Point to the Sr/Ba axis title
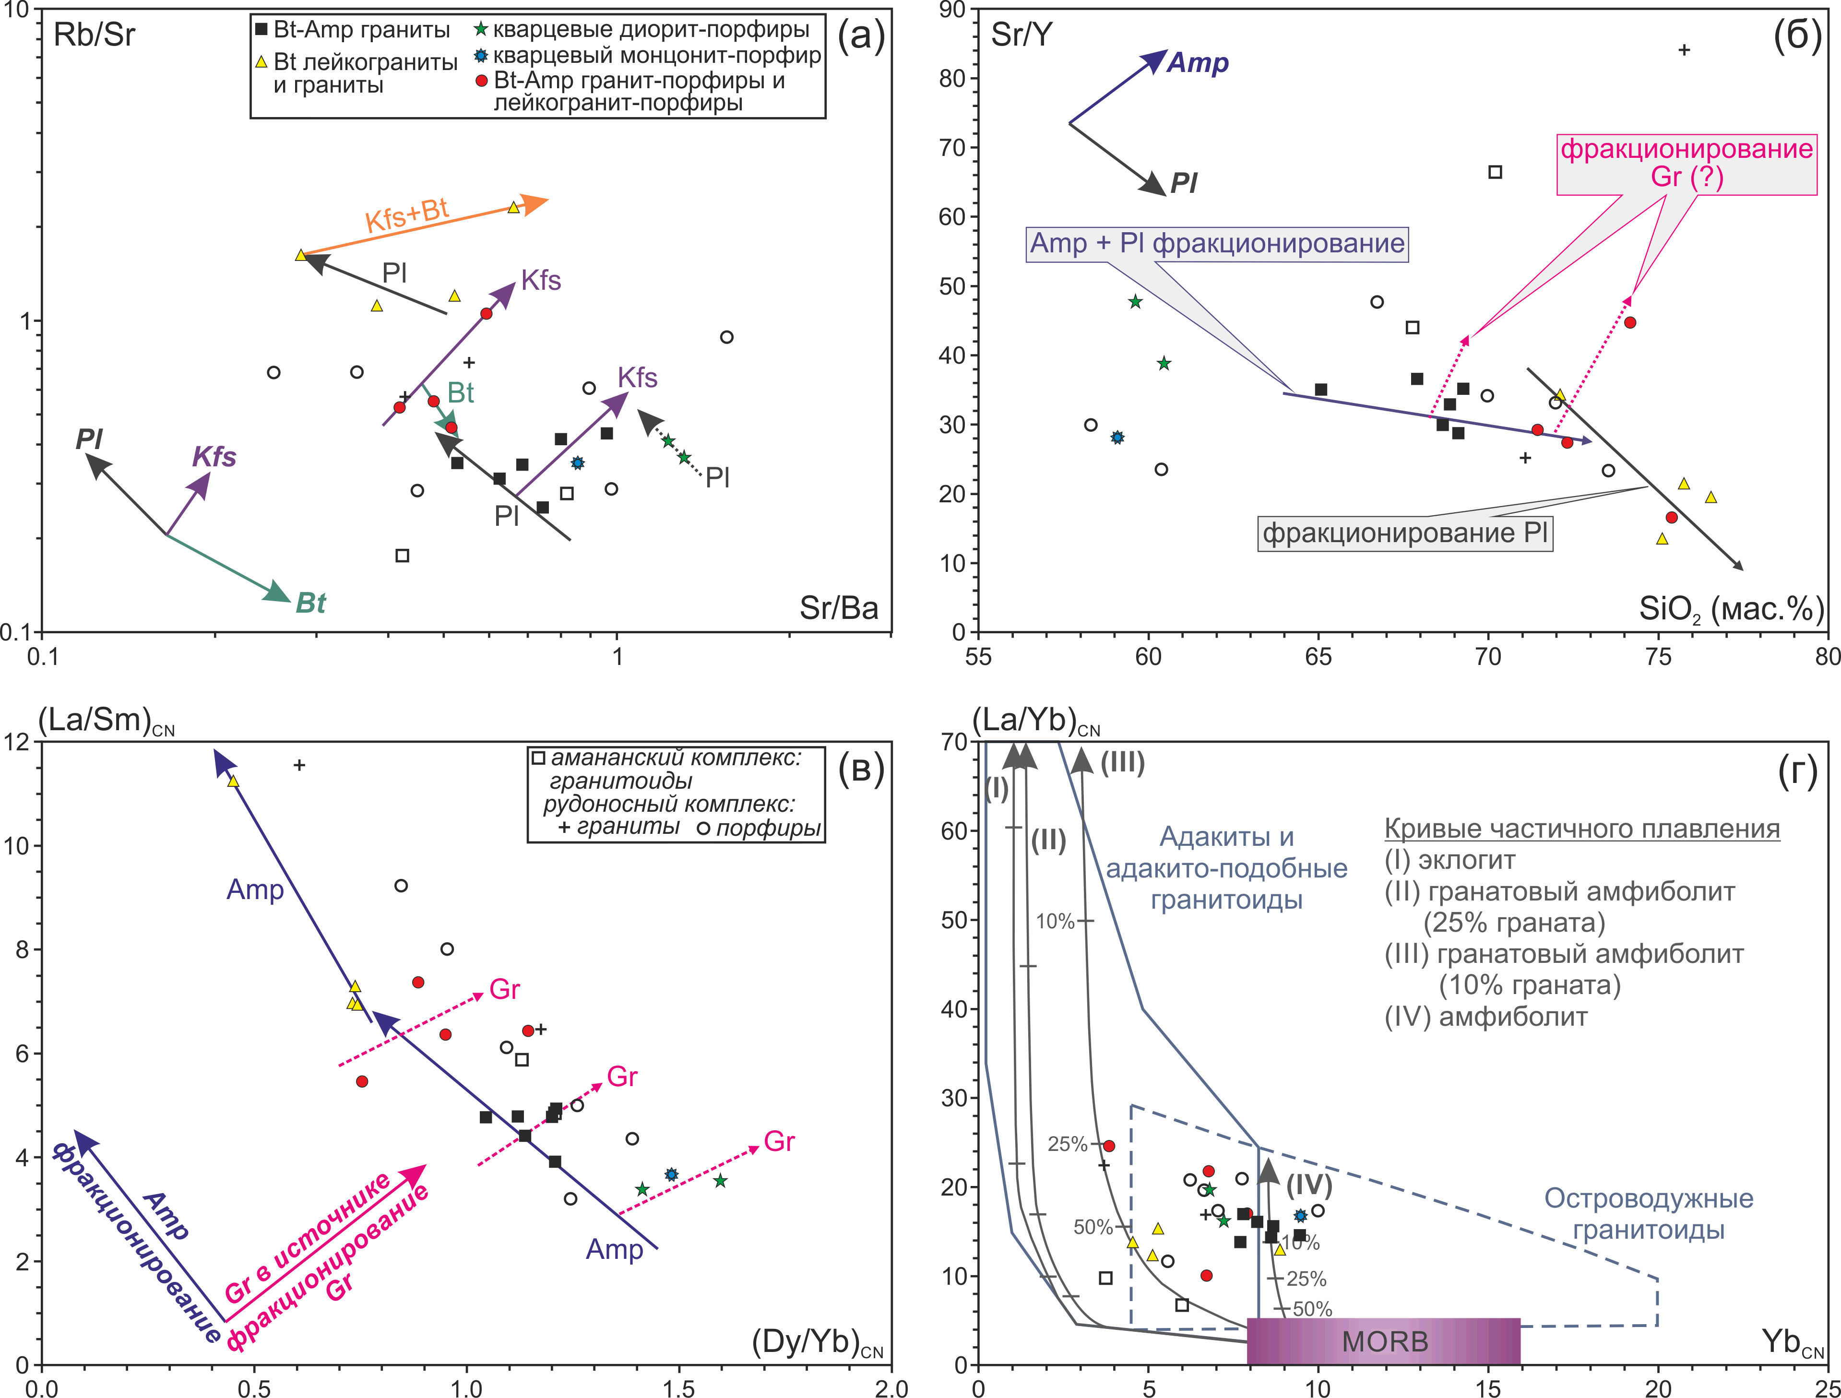(x=838, y=608)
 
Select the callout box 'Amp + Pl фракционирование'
(x=1217, y=244)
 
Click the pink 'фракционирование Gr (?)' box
(x=1686, y=163)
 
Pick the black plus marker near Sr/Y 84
(x=1684, y=50)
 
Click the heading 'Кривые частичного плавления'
(x=1581, y=829)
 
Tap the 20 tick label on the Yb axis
(x=1658, y=1387)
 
